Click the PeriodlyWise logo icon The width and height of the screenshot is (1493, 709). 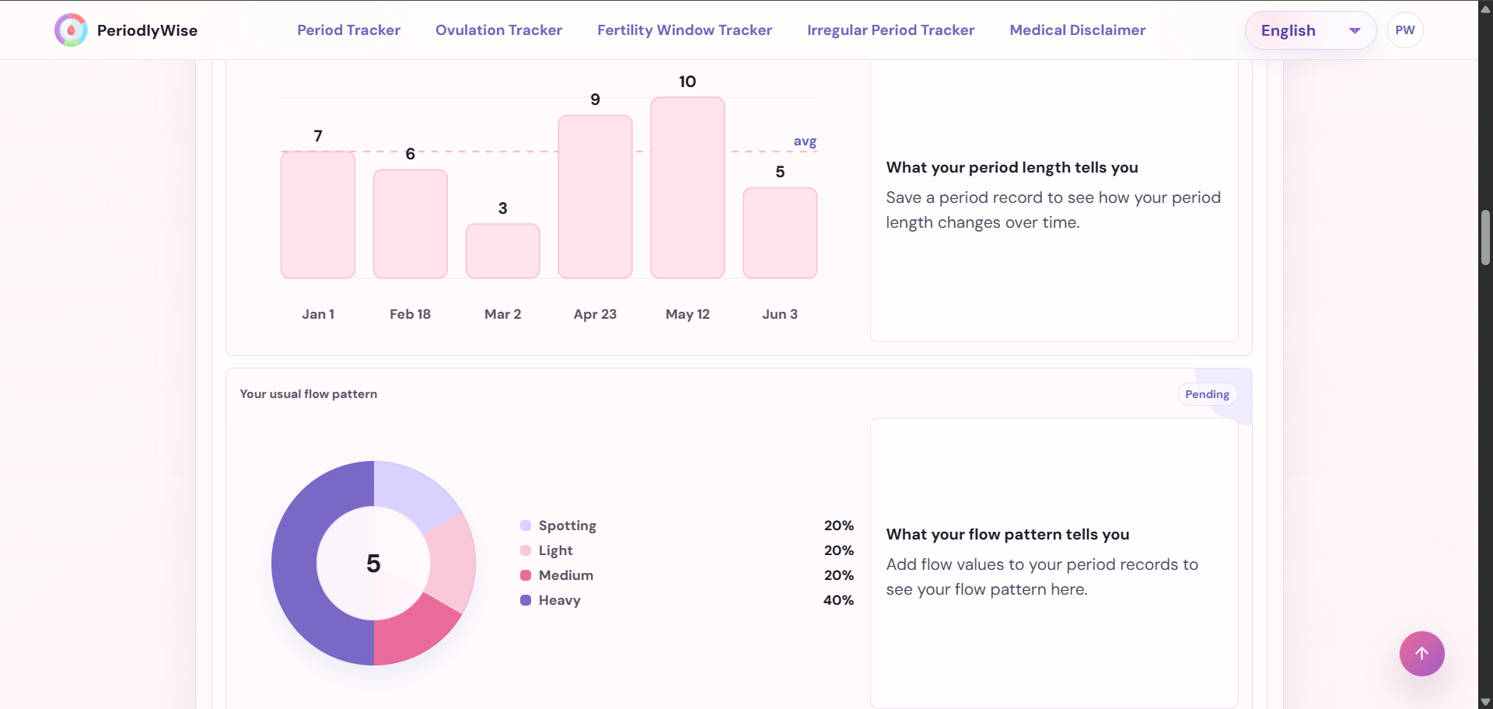71,30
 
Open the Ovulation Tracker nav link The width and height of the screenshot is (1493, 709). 498,30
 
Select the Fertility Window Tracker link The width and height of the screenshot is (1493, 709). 684,30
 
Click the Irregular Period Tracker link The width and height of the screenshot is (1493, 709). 890,30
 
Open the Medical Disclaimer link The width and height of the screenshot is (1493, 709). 1077,30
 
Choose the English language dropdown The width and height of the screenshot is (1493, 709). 1310,30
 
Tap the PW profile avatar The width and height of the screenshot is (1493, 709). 1405,30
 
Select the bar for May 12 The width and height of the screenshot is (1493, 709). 687,187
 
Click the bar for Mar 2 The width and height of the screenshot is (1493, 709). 502,251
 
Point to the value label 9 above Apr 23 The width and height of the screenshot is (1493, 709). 595,100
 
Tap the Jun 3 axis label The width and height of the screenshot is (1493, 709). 780,314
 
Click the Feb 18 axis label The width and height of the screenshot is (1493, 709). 410,314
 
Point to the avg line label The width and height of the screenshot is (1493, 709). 805,141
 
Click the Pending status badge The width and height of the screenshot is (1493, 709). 1207,394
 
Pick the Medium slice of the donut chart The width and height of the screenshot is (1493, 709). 416,630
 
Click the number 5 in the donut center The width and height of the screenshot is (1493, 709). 373,564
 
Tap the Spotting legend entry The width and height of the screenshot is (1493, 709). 558,526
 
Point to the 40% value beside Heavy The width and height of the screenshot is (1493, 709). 838,600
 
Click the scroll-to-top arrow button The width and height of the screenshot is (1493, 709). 1421,654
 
